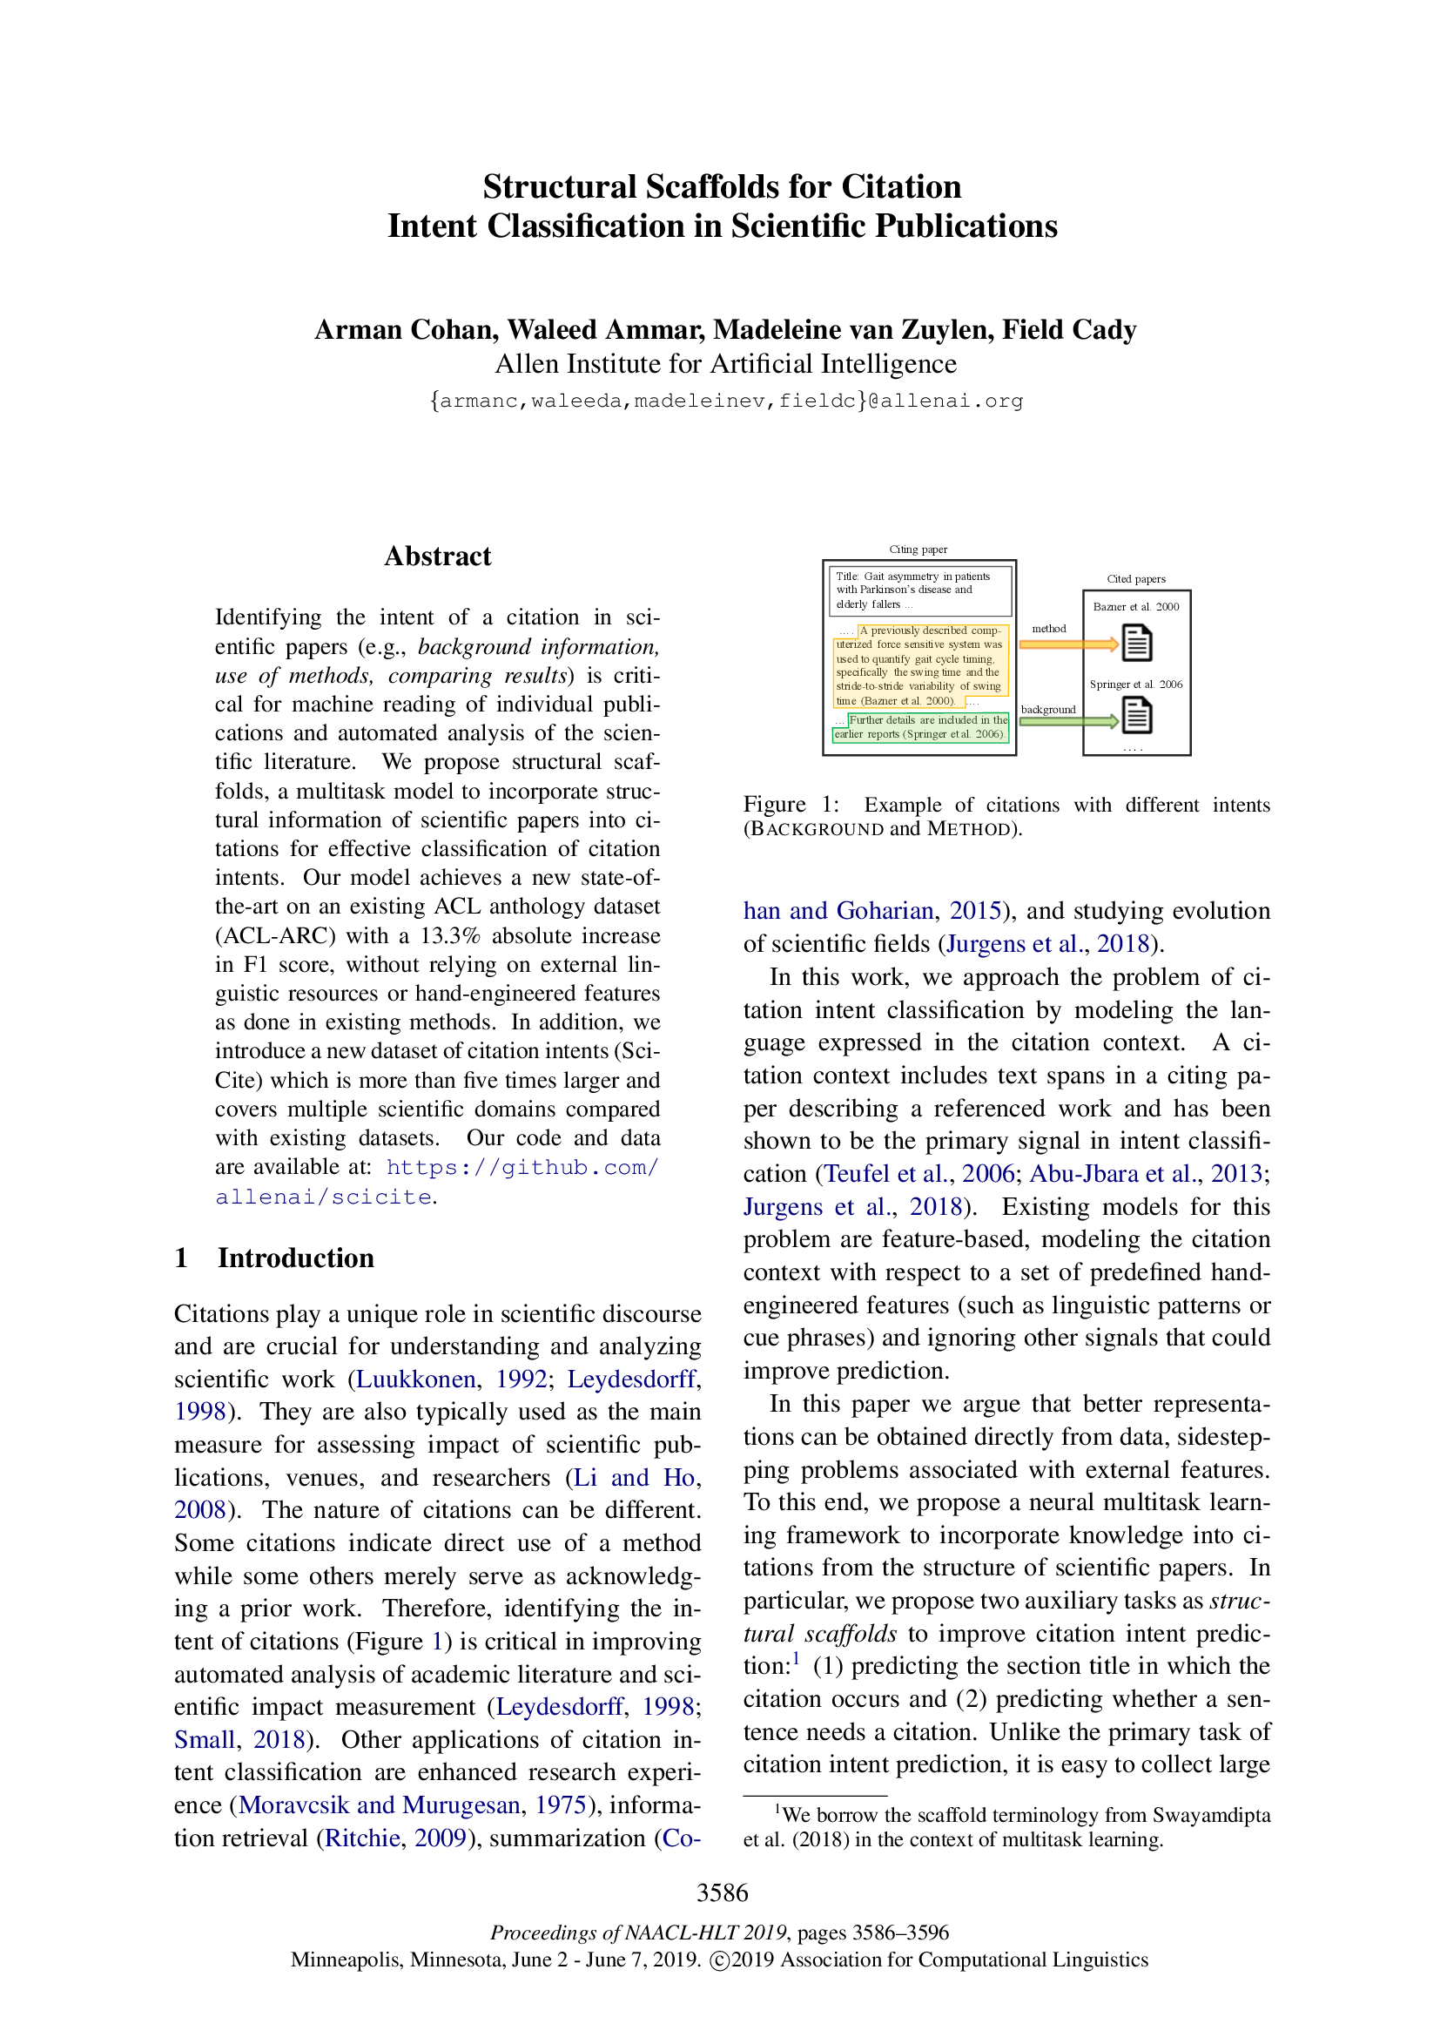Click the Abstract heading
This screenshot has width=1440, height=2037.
[x=437, y=556]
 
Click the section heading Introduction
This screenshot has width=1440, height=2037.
[x=295, y=1258]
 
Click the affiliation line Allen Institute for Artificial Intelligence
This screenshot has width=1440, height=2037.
[x=725, y=364]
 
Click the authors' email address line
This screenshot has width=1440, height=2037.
[x=725, y=401]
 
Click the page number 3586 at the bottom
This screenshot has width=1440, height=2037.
[x=722, y=1892]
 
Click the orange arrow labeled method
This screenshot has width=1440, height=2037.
[x=1067, y=644]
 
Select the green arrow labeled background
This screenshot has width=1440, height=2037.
[x=1067, y=721]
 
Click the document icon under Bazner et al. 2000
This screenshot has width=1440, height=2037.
[x=1137, y=644]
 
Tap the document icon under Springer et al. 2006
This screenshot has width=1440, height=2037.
[x=1137, y=715]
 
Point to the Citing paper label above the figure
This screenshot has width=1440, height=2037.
[x=918, y=550]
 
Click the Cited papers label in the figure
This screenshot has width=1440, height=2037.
[x=1136, y=578]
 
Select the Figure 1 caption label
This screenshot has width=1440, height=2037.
[x=791, y=805]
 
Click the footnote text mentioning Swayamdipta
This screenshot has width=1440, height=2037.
[x=1006, y=1827]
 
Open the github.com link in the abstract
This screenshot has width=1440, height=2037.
[x=522, y=1168]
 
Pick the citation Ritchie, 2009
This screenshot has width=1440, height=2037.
[x=395, y=1838]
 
